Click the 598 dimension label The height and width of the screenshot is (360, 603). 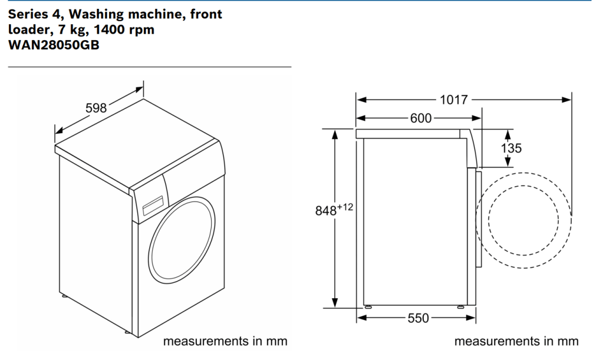(x=96, y=108)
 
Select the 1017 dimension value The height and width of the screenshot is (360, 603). (x=454, y=100)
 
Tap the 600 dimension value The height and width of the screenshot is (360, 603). (x=421, y=118)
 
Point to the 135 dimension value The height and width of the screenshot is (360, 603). (x=511, y=148)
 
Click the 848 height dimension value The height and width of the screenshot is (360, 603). (x=327, y=211)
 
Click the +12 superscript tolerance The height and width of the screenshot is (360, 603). (x=345, y=206)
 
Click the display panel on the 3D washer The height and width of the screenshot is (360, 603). (x=152, y=204)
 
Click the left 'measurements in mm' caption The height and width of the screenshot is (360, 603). (x=225, y=341)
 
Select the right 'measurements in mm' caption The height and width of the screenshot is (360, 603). (x=516, y=341)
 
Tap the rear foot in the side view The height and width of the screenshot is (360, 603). (x=368, y=306)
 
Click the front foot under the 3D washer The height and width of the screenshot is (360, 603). (x=128, y=334)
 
